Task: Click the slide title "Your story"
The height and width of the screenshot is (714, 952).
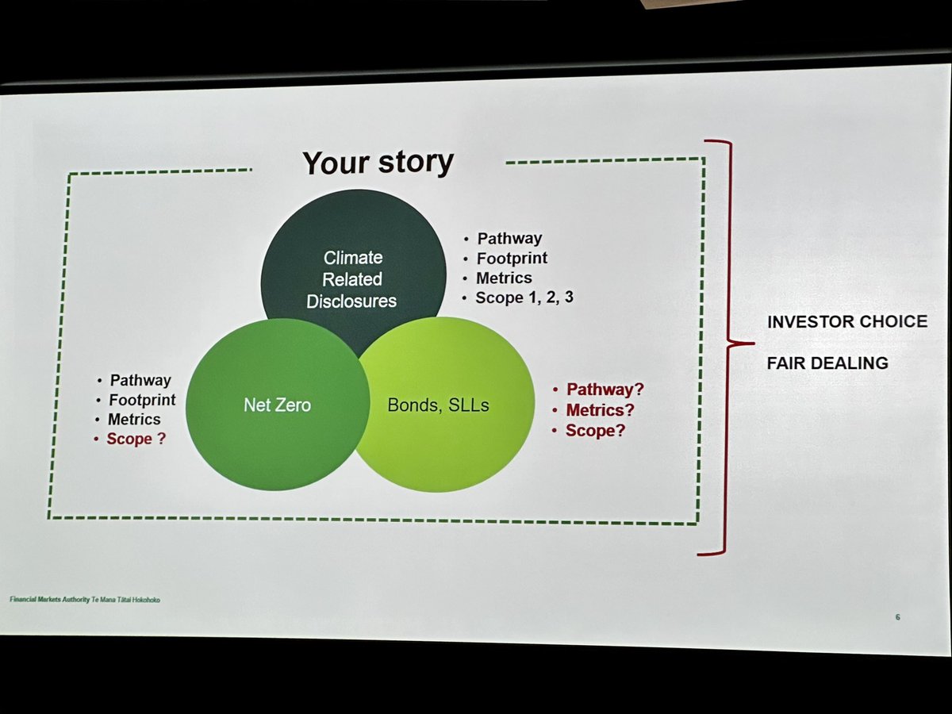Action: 378,162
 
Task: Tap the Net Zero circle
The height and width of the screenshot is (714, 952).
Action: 277,405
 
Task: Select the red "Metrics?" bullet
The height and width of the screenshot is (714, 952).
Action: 600,410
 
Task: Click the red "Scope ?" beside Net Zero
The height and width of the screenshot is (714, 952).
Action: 136,439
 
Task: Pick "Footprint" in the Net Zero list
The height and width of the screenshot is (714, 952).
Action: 142,400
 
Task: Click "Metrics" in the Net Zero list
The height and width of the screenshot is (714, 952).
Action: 134,420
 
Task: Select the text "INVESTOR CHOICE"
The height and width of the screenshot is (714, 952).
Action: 846,321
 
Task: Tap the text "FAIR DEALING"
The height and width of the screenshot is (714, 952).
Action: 827,363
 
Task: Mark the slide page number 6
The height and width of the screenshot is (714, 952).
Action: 897,617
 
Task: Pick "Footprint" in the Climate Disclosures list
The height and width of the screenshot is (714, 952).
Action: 512,258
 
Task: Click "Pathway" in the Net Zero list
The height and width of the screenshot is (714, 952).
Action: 140,381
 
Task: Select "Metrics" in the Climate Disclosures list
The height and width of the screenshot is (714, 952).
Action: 504,278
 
